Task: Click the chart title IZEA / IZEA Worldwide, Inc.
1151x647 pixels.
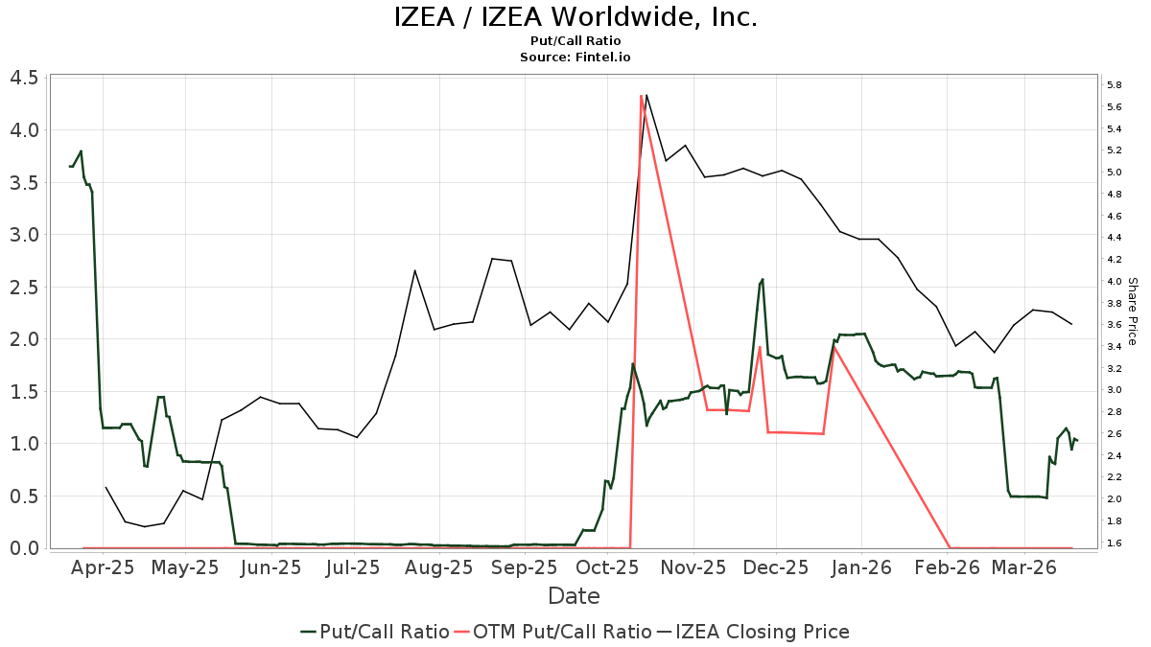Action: click(575, 17)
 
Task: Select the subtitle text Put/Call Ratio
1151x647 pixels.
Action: click(575, 41)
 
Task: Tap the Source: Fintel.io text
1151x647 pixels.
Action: click(575, 58)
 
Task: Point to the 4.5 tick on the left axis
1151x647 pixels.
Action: click(24, 78)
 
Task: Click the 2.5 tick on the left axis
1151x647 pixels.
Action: click(24, 287)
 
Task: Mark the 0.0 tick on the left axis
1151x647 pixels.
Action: click(24, 548)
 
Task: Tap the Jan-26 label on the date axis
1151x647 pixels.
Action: click(862, 567)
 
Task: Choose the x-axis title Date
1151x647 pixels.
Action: click(574, 596)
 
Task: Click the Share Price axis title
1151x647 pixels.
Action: click(1132, 312)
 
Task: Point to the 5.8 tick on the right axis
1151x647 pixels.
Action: click(1114, 85)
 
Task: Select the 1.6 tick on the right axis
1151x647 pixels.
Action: click(1114, 543)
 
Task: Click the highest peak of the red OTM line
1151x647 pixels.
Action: click(641, 96)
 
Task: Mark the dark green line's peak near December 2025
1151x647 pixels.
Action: click(763, 279)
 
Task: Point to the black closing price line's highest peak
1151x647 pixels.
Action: click(646, 95)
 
